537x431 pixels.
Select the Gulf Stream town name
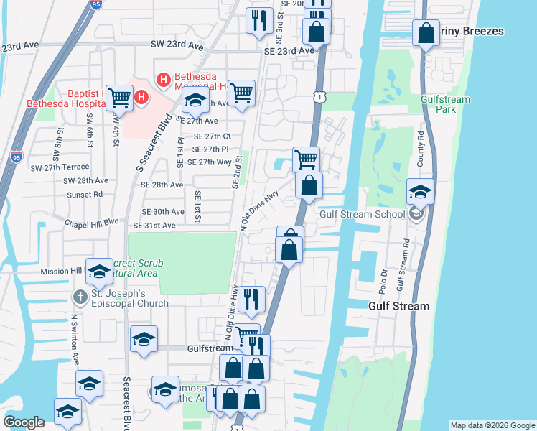[x=398, y=306]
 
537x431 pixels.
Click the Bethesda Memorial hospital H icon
[x=163, y=79]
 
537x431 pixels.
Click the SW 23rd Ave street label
[x=177, y=45]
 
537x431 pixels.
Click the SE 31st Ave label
[x=159, y=226]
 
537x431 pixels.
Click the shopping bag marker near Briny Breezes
[x=426, y=32]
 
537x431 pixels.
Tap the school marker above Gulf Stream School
[x=420, y=191]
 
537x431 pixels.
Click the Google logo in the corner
[x=24, y=422]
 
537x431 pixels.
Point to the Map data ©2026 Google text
[x=492, y=425]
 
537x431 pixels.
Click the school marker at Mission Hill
[x=99, y=271]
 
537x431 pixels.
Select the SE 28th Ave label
[x=162, y=185]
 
